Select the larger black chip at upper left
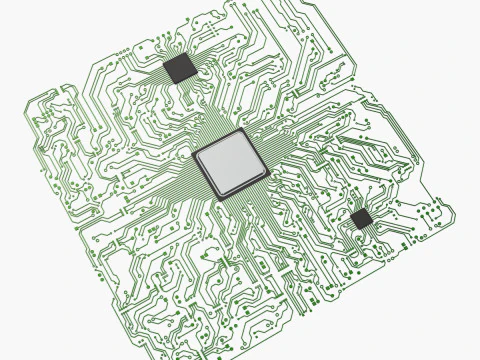[180, 67]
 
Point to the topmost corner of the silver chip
[240, 130]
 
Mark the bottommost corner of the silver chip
[217, 198]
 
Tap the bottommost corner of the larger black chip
[178, 82]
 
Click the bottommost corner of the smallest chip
[361, 228]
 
